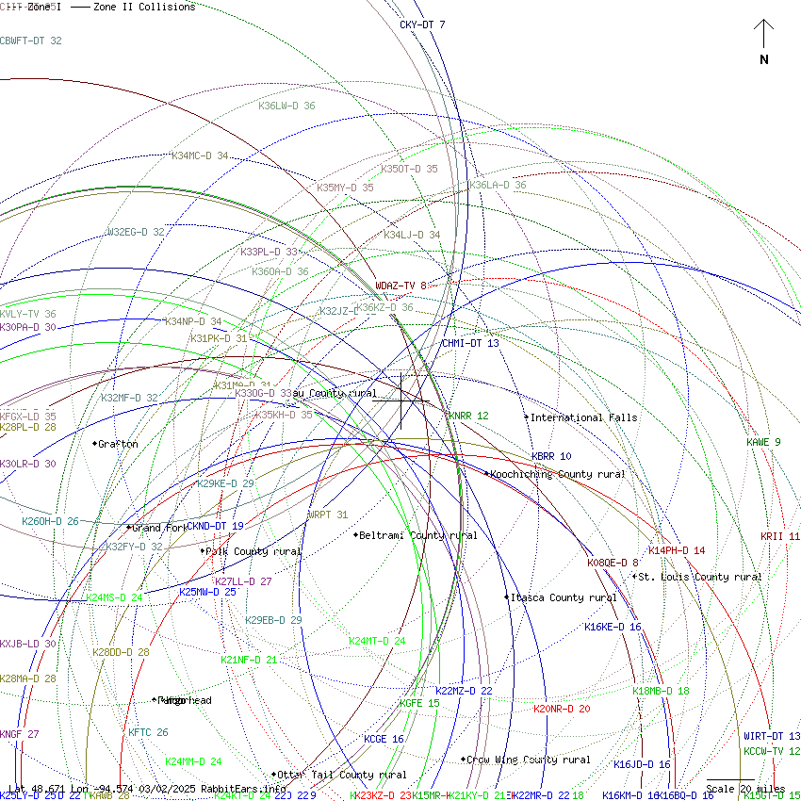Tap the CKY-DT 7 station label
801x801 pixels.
422,25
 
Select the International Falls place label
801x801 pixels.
583,417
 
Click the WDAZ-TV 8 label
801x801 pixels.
401,286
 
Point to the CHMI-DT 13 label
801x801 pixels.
470,343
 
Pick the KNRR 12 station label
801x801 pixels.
468,416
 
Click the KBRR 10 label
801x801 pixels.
551,456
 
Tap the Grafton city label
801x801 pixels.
118,444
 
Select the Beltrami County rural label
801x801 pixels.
417,535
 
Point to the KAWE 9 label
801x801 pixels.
763,442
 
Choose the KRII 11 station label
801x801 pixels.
780,536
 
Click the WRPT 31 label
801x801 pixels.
327,515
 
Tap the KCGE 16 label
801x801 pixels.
384,739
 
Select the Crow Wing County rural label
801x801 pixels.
528,760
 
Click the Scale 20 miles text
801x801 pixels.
745,789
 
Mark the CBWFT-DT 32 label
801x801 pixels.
31,41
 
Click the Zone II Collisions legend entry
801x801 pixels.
144,7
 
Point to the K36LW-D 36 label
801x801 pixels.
286,106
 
